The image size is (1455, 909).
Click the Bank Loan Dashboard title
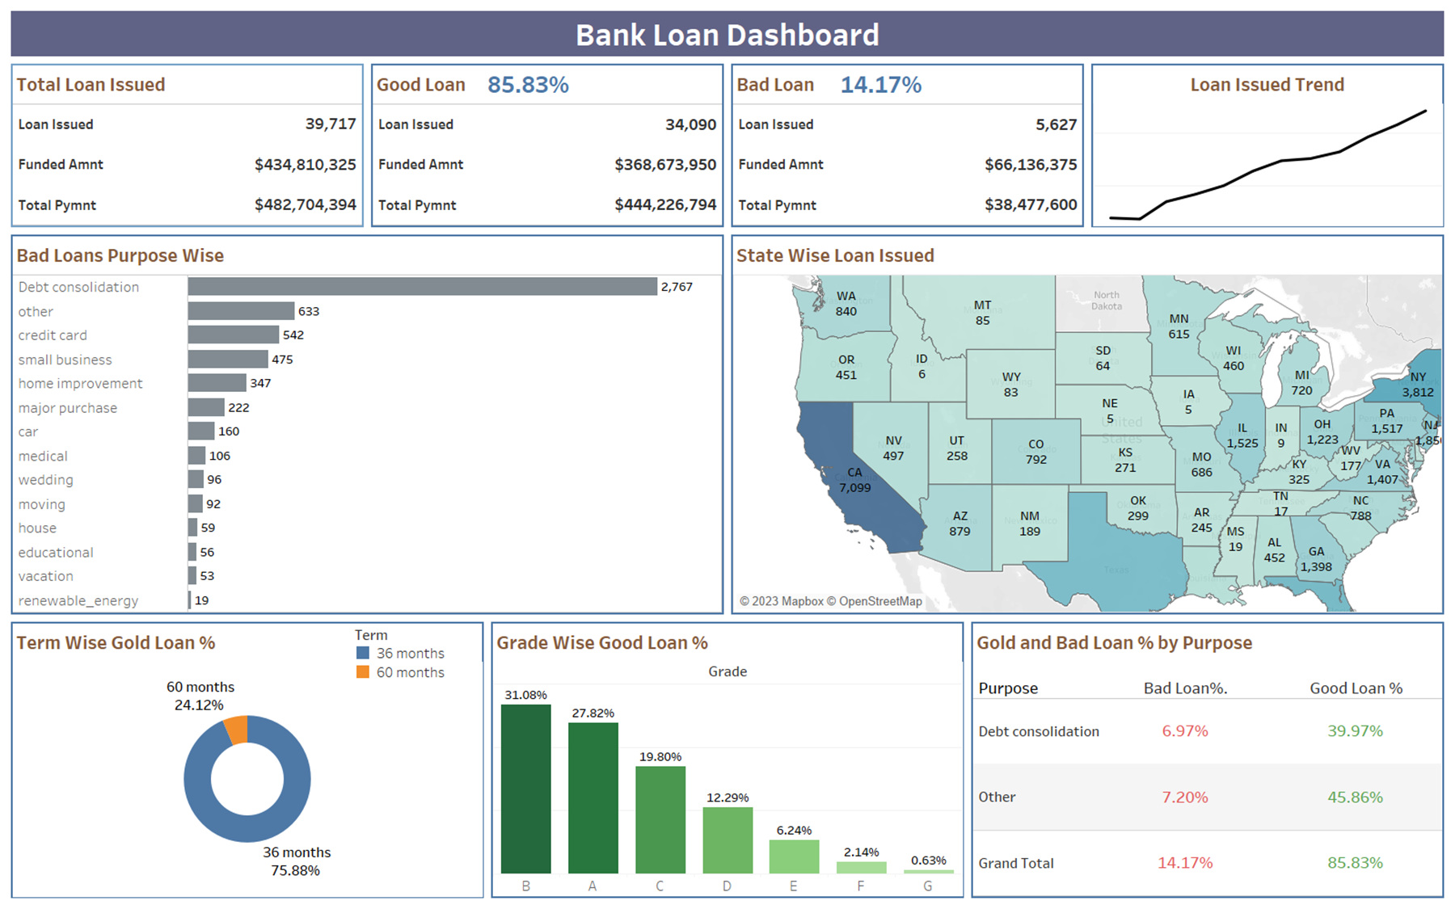pos(727,35)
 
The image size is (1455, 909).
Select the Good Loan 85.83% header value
pos(528,85)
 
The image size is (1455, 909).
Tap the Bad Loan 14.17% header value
pos(880,85)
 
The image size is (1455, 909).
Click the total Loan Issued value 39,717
pos(330,124)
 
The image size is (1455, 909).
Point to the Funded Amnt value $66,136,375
pos(1030,165)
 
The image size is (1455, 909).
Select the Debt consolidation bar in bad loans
pos(422,287)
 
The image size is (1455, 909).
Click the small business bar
pos(228,359)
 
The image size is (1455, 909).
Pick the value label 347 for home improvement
pos(260,383)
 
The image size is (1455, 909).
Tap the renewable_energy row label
pos(78,600)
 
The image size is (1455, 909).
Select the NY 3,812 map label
pos(1417,385)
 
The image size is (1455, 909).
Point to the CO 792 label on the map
pos(1035,452)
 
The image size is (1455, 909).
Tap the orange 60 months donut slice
pos(237,729)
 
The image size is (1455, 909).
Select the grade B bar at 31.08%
pos(525,789)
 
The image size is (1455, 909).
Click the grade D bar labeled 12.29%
pos(727,840)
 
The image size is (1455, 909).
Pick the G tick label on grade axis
pos(927,886)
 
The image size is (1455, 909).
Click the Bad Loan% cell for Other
pos(1184,797)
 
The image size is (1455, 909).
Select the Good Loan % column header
pos(1356,688)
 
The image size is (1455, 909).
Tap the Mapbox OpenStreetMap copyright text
pos(830,601)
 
